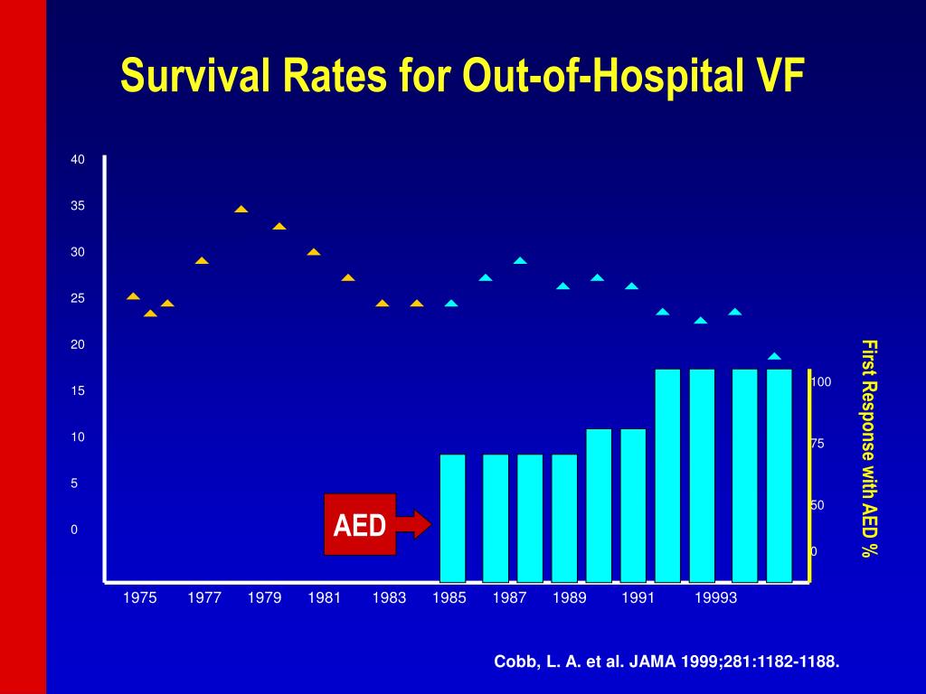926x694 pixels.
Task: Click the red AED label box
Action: tap(360, 524)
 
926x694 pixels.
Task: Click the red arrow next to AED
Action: tap(414, 524)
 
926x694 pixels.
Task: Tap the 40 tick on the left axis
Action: tap(78, 160)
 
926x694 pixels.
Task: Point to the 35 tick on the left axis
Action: tap(78, 206)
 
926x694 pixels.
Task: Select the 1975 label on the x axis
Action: tap(140, 598)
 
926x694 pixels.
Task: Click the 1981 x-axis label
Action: tap(324, 598)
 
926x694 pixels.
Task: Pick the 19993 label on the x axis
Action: tap(716, 598)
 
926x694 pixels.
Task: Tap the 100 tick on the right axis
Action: tap(820, 382)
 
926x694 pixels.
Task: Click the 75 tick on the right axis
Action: tap(817, 444)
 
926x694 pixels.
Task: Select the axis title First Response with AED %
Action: tap(869, 447)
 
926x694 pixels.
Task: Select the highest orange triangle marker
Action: tap(241, 209)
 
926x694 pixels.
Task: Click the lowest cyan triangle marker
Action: tap(774, 356)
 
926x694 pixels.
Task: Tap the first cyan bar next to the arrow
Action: tap(452, 517)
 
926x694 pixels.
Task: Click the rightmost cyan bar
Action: tap(780, 474)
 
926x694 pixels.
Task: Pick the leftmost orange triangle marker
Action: tap(133, 295)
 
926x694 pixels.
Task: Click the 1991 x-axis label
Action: tap(638, 598)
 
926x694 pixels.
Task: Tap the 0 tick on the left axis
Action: tap(75, 530)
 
